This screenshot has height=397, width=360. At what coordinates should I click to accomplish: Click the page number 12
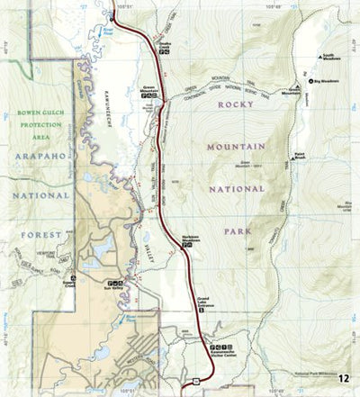[349, 386]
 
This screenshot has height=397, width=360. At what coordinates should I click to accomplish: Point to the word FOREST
[39, 234]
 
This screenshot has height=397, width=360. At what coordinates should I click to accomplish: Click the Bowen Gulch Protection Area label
[38, 124]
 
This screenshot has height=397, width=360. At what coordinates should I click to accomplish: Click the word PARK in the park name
[237, 230]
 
